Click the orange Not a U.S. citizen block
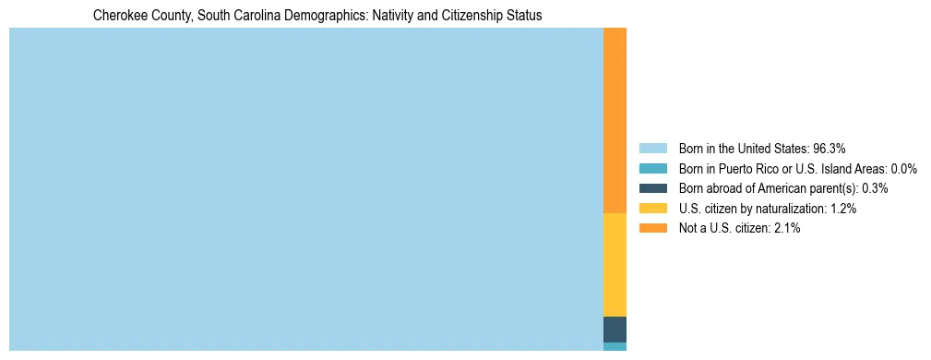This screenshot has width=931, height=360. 615,120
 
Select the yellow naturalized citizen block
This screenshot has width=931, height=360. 615,265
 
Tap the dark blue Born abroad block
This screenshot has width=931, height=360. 615,330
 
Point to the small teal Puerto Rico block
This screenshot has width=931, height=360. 615,347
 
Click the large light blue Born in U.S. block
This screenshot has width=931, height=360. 305,189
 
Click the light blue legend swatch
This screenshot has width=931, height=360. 652,148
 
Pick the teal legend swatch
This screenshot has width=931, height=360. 652,168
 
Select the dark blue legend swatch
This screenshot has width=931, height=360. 652,188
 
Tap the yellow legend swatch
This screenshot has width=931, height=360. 652,209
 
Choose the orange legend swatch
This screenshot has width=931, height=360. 652,228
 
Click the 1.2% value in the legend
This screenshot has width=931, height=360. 842,209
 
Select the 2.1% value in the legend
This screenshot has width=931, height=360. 786,228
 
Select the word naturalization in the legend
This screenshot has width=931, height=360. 793,209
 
